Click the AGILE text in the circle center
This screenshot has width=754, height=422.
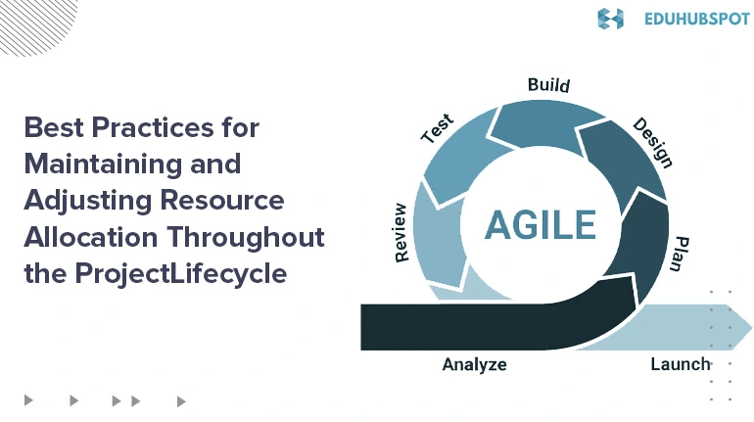tap(541, 224)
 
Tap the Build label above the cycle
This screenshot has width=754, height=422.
tap(548, 85)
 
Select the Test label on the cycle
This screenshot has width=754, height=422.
tap(437, 128)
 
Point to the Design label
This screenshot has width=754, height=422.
tap(652, 143)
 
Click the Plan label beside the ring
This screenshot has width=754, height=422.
tap(681, 254)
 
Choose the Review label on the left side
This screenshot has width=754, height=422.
tap(401, 233)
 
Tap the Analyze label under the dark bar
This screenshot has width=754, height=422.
tap(474, 364)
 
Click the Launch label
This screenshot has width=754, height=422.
tap(681, 364)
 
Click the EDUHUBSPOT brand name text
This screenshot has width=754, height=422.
tap(697, 20)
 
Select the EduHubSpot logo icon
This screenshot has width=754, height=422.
tap(610, 19)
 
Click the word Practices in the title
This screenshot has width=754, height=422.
tap(153, 127)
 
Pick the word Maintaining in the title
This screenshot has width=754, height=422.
tap(103, 164)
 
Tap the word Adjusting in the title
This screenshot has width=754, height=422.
tap(88, 201)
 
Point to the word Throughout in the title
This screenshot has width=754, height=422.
tap(246, 237)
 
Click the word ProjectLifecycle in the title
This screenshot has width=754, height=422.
tap(181, 273)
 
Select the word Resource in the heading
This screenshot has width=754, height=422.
tap(221, 201)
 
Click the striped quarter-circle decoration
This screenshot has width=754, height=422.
tap(33, 24)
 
